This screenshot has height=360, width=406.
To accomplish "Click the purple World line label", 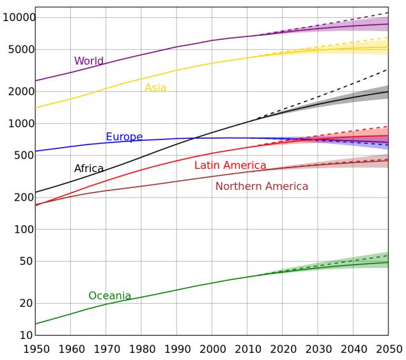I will point(89,61).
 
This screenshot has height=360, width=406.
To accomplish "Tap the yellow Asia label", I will point(155,88).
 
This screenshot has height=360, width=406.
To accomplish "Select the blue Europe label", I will point(124,137).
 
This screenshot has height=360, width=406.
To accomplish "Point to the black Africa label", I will point(89,169).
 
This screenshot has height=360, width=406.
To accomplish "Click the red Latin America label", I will point(230,166).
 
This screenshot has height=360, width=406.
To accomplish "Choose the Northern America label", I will point(262,186).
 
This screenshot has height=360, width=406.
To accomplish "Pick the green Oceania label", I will point(109,296).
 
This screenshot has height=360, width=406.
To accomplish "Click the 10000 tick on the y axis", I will point(19,17).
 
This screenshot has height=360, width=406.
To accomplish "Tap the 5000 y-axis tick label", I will point(21,49).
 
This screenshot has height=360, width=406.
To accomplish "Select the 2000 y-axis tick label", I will point(21,91).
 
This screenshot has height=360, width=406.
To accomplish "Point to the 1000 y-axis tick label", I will point(21,123).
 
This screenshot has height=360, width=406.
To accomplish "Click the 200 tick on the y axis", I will point(24,198).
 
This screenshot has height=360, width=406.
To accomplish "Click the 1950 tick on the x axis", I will point(35,349).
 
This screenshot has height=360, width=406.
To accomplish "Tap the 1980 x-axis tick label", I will point(141,349).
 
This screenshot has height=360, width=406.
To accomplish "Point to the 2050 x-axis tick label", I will point(388,349).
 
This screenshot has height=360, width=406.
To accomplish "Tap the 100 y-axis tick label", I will point(24,229).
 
